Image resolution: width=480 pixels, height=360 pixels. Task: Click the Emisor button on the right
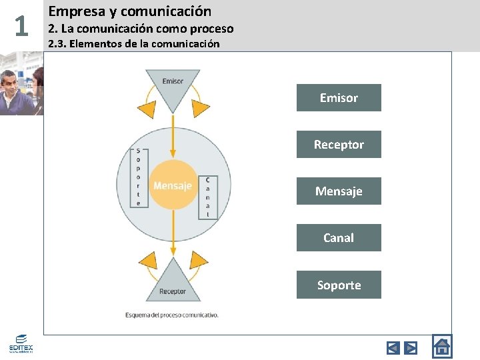click(339, 98)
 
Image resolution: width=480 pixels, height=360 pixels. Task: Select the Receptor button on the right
click(339, 145)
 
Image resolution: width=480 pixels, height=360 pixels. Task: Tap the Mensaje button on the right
click(339, 191)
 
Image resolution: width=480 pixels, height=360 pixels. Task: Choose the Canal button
click(339, 238)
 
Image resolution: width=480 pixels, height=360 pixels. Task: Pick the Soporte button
click(339, 285)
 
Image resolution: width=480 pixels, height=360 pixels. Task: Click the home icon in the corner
click(441, 347)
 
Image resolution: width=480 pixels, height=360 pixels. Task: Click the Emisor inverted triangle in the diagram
click(173, 86)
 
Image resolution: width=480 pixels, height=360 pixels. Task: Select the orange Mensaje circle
click(173, 185)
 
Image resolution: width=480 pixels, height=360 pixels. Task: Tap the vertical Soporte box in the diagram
click(139, 177)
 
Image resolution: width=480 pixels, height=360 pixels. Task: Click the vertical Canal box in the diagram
click(208, 197)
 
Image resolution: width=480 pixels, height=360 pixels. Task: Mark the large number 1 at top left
click(21, 27)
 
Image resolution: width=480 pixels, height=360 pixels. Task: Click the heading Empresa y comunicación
click(130, 11)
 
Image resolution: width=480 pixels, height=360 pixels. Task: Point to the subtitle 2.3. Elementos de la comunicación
click(133, 44)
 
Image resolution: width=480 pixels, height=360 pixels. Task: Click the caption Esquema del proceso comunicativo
click(171, 315)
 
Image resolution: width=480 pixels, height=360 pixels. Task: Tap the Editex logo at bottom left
click(21, 344)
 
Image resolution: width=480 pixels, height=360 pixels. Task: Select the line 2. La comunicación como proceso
click(141, 28)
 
